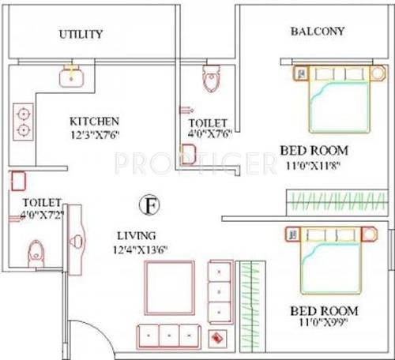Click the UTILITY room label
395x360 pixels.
81,35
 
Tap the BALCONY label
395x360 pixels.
317,32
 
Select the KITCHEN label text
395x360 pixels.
94,122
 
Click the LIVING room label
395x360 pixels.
137,236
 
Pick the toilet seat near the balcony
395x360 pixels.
211,79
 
